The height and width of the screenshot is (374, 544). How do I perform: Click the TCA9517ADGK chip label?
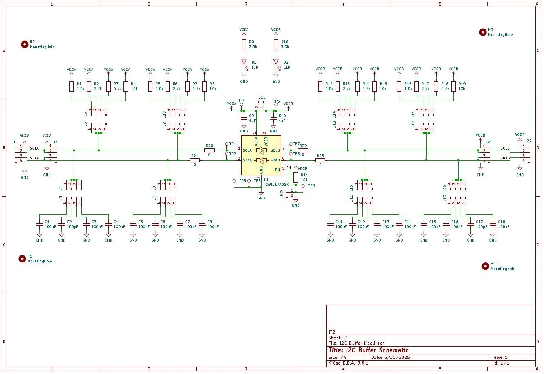(x=276, y=184)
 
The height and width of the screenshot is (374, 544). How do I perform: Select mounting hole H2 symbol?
(x=25, y=45)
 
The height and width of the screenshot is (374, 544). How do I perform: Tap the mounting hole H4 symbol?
(x=485, y=266)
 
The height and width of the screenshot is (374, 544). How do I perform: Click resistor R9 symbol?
(x=244, y=45)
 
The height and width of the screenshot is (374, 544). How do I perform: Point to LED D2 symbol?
(x=276, y=62)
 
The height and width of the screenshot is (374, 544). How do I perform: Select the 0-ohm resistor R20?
(x=210, y=150)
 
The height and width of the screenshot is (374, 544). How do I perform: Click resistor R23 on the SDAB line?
(x=320, y=160)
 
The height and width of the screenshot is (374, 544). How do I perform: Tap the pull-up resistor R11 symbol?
(x=296, y=177)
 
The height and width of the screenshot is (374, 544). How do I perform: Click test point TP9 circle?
(x=303, y=186)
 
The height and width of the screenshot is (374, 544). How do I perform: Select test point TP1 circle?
(x=227, y=144)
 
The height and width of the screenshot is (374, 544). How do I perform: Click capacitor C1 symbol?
(x=40, y=224)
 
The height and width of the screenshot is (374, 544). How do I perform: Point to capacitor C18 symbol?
(x=493, y=224)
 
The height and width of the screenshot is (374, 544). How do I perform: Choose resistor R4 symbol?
(x=126, y=86)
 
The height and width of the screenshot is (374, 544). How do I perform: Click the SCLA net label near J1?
(x=34, y=148)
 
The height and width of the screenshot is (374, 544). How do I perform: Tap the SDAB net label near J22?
(x=505, y=158)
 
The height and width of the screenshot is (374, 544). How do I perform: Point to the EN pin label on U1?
(x=289, y=168)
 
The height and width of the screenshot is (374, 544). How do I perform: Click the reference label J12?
(x=282, y=193)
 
